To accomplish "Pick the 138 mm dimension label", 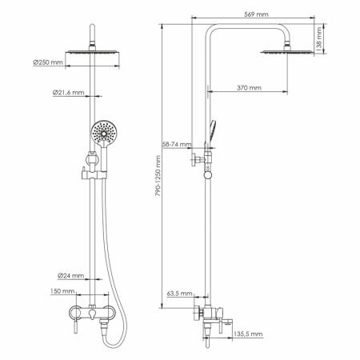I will click(318, 37).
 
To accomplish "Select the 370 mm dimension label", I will click(250, 87).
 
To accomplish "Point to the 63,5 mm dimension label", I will click(177, 293).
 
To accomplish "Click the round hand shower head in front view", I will click(102, 132).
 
